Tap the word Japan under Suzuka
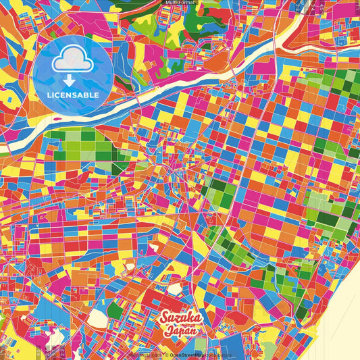(180, 331)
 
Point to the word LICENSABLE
(72, 95)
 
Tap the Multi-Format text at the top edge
(180, 3)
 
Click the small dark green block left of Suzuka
(115, 311)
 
